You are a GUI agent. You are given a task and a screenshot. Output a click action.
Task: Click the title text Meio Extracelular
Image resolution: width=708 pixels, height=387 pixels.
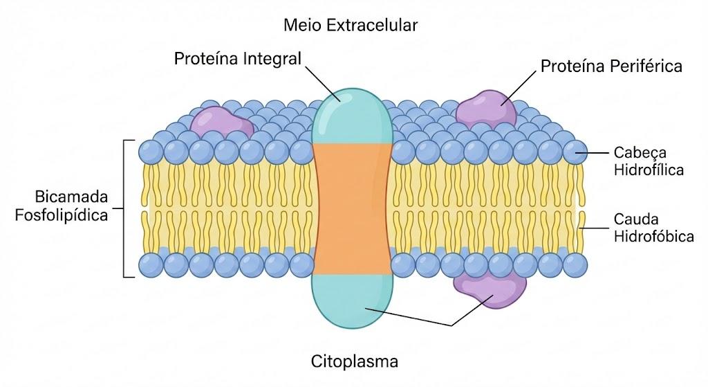351,26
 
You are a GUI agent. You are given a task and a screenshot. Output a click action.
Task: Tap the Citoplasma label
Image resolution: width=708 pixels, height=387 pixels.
355,361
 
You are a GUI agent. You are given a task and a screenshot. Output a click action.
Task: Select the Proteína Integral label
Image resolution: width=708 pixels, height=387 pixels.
238,59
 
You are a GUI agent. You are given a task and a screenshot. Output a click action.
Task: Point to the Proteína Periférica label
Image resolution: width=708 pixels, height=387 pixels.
611,66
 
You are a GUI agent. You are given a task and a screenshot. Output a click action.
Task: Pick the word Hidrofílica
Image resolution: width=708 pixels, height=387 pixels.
649,170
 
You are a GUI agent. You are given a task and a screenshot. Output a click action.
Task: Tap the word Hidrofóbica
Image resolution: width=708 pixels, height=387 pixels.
654,237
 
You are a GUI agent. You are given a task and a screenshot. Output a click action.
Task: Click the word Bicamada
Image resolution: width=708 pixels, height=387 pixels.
71,197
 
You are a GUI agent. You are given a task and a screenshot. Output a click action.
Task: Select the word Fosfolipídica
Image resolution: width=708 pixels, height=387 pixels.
62,215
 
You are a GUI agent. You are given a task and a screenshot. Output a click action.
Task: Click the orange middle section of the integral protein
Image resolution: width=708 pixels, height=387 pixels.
352,209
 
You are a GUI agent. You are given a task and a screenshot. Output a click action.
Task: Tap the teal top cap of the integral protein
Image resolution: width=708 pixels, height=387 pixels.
352,116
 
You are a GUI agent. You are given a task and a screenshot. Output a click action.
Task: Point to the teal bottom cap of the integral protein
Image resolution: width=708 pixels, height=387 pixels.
352,301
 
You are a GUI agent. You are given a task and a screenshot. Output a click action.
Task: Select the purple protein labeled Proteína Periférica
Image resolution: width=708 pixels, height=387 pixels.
485,109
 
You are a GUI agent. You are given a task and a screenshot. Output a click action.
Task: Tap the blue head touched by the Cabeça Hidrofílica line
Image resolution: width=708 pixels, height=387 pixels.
575,152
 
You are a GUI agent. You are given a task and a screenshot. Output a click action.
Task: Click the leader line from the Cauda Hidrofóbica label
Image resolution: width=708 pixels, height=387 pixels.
595,228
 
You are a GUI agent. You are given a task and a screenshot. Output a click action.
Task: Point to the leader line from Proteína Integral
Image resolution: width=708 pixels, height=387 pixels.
323,84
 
